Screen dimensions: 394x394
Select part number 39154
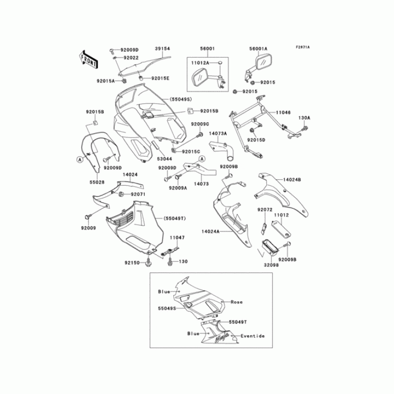163,49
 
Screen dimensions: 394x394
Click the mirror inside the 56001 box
201,78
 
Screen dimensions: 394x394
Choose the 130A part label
305,118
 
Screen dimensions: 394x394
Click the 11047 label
177,237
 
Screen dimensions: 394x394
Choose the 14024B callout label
292,180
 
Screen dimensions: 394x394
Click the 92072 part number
264,210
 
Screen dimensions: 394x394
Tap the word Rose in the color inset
237,302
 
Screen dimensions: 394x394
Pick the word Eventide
252,336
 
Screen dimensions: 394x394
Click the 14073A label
218,133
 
